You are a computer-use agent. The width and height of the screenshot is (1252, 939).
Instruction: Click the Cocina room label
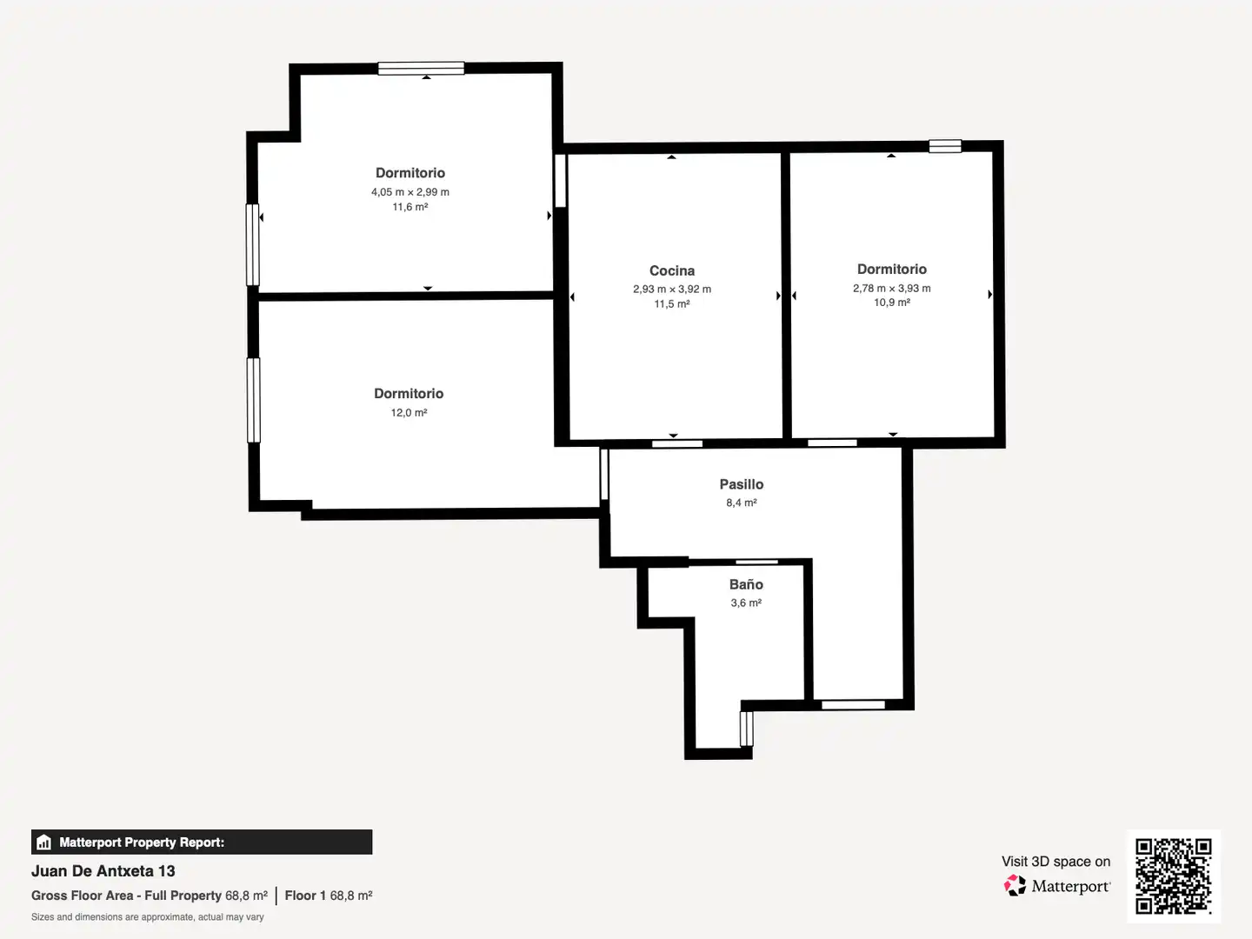(x=672, y=270)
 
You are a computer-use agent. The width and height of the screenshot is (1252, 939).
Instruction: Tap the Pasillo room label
(x=741, y=484)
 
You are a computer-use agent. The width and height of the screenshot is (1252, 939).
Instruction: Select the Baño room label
(x=745, y=583)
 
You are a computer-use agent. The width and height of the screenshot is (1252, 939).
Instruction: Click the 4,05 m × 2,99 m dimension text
(x=410, y=192)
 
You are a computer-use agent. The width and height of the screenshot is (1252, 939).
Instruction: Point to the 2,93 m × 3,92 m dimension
(x=672, y=289)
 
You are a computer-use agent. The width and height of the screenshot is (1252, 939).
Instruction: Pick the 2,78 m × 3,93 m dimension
(x=891, y=289)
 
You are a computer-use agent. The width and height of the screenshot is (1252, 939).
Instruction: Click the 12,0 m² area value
(x=409, y=412)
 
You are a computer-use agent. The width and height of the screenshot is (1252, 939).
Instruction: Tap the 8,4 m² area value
(x=741, y=503)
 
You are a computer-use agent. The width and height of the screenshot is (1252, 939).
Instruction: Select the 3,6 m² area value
(x=746, y=603)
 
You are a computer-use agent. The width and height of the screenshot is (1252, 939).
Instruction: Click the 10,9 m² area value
(x=891, y=303)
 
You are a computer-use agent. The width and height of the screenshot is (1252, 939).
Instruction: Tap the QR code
(x=1173, y=876)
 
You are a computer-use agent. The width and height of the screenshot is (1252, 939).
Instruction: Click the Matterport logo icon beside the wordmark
(x=1015, y=885)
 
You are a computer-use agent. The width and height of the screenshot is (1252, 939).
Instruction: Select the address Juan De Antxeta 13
(x=103, y=871)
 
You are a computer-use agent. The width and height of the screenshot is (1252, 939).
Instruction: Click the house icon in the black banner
(x=44, y=842)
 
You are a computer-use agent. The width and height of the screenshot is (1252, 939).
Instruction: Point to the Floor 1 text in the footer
(x=305, y=896)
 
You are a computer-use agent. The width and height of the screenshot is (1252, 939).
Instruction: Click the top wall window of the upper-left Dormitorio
(x=421, y=69)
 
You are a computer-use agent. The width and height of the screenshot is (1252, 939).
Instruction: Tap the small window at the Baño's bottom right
(x=746, y=729)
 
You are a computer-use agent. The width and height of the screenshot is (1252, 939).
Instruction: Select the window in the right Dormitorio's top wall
(x=945, y=147)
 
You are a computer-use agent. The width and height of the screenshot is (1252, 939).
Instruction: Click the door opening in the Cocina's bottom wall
(x=677, y=443)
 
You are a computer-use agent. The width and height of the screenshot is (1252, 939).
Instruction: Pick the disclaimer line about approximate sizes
(x=147, y=916)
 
